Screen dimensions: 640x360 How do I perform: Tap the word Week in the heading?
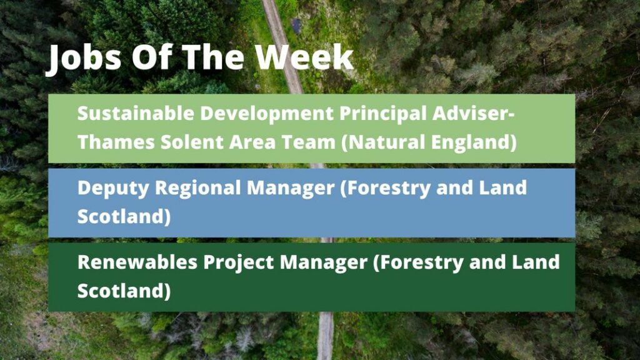pyautogui.click(x=304, y=56)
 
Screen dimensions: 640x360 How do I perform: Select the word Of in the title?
pyautogui.click(x=151, y=56)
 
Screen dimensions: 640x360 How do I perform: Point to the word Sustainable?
pyautogui.click(x=136, y=113)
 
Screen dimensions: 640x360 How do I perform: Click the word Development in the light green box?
pyautogui.click(x=266, y=113)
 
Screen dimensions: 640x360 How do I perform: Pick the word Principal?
pyautogui.click(x=383, y=113)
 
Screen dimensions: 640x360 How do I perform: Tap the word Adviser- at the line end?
pyautogui.click(x=474, y=113)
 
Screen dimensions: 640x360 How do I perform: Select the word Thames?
pyautogui.click(x=116, y=142)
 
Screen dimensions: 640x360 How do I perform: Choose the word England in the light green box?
pyautogui.click(x=474, y=142)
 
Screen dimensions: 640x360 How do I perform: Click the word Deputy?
pyautogui.click(x=114, y=189)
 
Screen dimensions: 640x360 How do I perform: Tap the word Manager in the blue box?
pyautogui.click(x=291, y=189)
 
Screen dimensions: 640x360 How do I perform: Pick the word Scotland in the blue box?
pyautogui.click(x=124, y=216)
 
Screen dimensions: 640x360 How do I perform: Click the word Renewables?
pyautogui.click(x=137, y=262)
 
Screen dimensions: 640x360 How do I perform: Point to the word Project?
pyautogui.click(x=239, y=262)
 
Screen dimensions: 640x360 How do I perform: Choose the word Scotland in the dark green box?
pyautogui.click(x=124, y=291)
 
